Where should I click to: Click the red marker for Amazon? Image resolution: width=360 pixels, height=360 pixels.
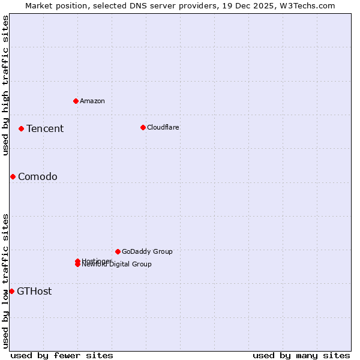click(x=76, y=101)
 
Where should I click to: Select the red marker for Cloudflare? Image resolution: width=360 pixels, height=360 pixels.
click(x=143, y=127)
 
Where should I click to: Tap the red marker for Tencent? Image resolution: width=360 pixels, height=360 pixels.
click(x=21, y=128)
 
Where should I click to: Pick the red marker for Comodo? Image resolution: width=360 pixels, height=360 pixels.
click(x=13, y=176)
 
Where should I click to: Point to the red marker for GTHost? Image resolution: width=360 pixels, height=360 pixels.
click(x=11, y=291)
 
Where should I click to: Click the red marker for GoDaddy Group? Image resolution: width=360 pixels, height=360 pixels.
click(x=118, y=251)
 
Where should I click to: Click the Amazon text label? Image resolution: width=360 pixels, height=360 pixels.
click(x=92, y=101)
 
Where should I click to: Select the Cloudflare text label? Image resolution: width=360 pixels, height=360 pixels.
click(x=163, y=127)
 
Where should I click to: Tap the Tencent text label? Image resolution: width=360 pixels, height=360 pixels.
click(x=45, y=128)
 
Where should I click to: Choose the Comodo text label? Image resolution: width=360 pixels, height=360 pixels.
click(x=38, y=176)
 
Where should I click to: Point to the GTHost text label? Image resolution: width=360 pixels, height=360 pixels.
click(x=34, y=291)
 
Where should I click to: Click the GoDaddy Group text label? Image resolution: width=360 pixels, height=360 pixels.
click(x=147, y=251)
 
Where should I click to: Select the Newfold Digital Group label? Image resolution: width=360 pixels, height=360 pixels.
click(x=118, y=265)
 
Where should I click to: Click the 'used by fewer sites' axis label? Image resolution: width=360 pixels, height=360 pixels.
click(x=62, y=355)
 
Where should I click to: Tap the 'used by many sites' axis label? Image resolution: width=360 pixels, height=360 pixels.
click(x=301, y=355)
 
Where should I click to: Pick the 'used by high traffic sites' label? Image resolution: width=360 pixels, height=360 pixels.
click(x=5, y=85)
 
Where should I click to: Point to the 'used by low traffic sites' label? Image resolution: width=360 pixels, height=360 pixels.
click(x=5, y=281)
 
